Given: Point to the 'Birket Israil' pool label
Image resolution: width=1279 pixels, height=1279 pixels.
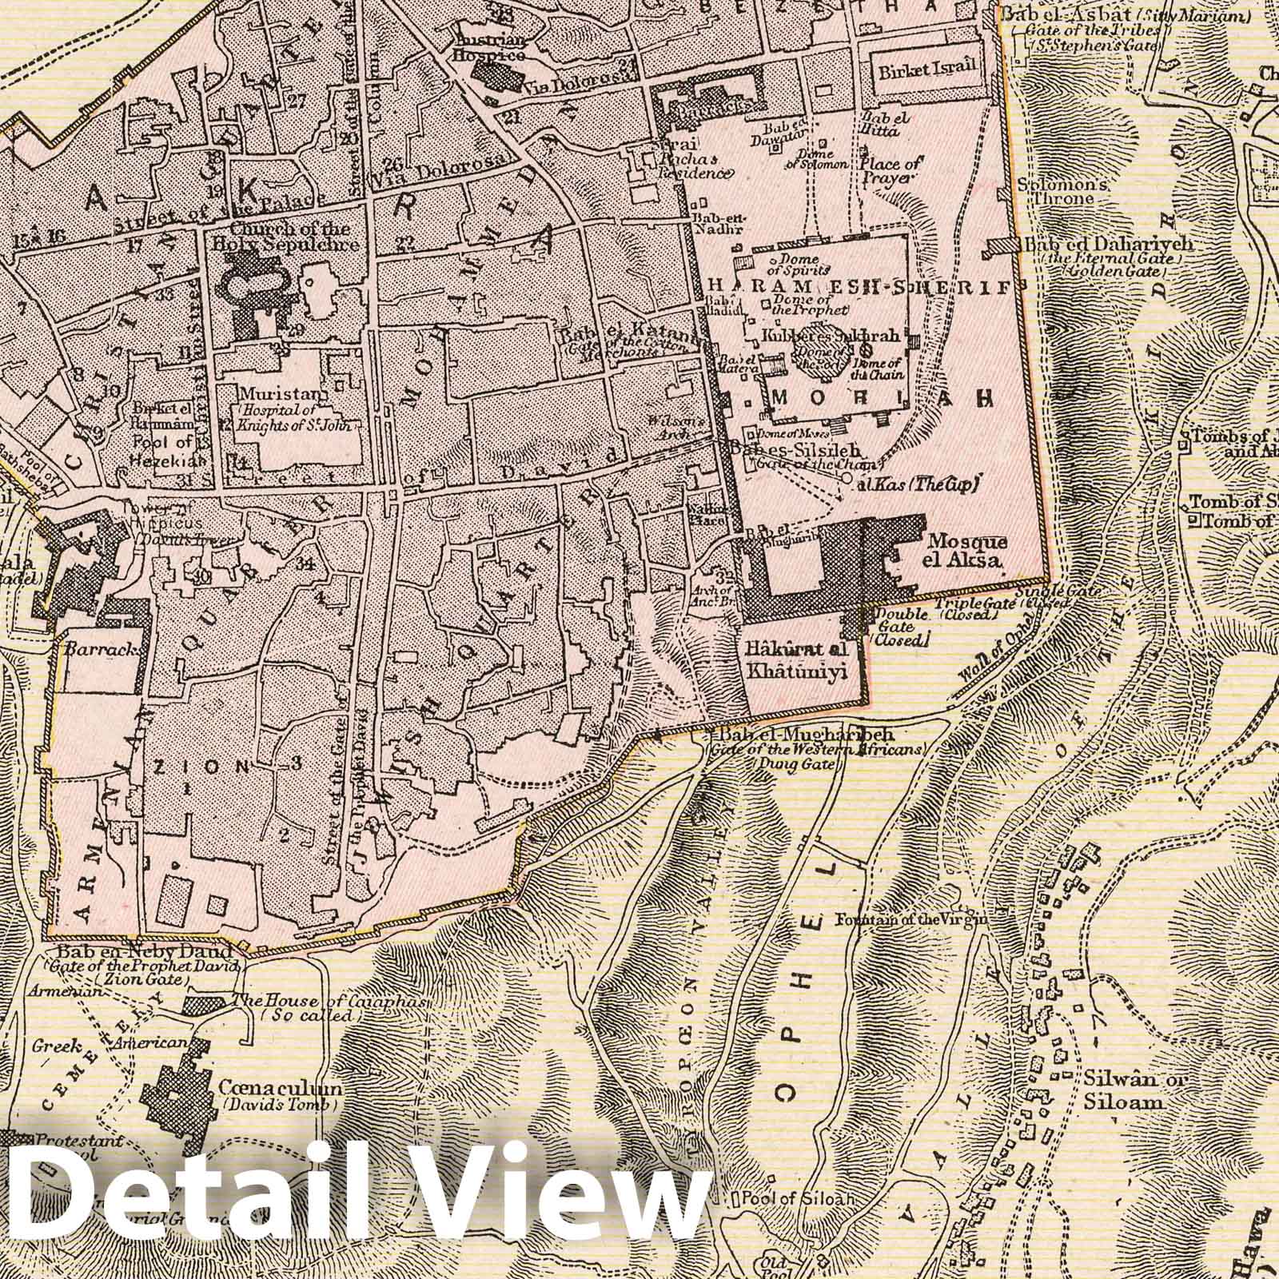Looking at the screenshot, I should pos(927,67).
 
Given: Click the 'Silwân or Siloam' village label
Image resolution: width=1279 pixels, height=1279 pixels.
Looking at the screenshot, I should pos(1123,1090).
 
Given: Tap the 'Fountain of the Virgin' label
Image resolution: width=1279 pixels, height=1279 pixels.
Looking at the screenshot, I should pos(912,920).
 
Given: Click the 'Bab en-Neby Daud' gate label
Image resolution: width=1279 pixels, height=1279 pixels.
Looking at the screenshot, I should pos(144,952).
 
